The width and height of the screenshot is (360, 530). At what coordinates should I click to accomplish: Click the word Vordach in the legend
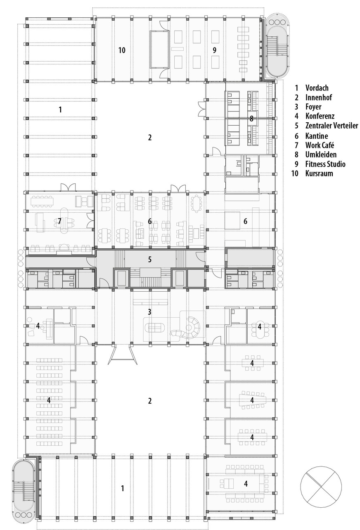point(318,88)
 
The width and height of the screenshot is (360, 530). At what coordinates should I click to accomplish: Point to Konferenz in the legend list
point(320,116)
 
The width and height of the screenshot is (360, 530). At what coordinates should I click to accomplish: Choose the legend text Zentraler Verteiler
point(332,126)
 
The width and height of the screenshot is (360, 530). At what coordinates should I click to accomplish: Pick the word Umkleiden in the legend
point(321,154)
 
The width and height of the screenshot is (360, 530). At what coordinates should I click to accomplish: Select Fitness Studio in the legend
point(325,164)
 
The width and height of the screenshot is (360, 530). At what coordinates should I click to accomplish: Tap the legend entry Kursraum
point(319,173)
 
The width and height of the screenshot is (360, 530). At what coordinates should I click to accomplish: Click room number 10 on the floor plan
point(121,50)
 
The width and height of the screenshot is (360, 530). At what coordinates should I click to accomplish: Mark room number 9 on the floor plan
point(214,50)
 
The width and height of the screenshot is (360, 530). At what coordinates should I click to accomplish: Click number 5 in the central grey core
point(150,260)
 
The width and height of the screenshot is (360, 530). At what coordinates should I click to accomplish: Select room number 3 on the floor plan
point(150,312)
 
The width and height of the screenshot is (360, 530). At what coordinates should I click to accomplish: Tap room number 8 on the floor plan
point(251,119)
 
